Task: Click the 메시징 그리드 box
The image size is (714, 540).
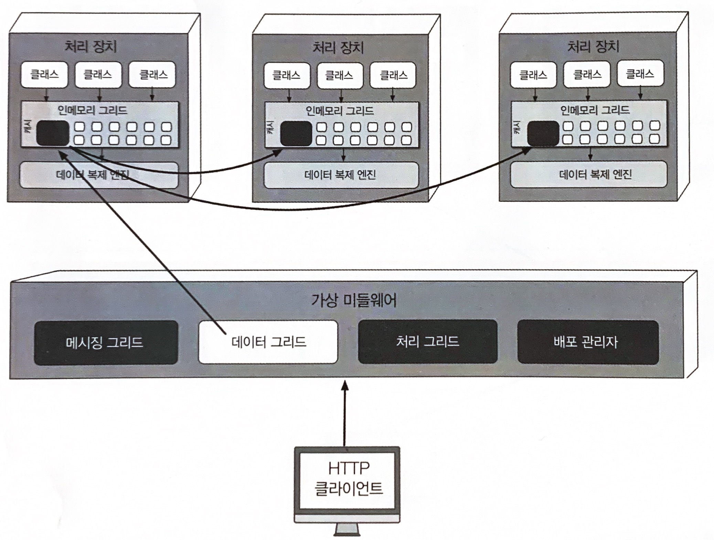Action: point(106,342)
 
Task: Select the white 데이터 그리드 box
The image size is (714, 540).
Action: point(268,342)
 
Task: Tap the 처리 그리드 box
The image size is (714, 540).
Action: point(428,341)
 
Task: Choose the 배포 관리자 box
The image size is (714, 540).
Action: point(588,342)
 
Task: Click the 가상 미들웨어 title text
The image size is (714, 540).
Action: point(354,300)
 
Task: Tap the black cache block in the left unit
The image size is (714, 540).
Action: point(53,133)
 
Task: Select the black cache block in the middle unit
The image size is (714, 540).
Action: point(296,134)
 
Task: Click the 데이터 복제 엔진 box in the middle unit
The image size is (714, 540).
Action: point(341,175)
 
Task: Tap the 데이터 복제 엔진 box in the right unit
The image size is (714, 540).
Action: point(589,174)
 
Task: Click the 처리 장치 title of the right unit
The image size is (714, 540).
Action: point(593,46)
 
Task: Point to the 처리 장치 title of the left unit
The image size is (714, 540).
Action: point(91,46)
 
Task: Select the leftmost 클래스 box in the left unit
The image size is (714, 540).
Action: point(44,74)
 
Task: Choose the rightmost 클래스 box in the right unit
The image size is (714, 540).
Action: point(640,74)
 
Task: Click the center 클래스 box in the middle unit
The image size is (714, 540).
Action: point(340,75)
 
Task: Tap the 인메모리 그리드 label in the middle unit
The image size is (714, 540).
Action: point(340,111)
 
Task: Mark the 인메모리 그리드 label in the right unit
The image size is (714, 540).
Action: point(595,110)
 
